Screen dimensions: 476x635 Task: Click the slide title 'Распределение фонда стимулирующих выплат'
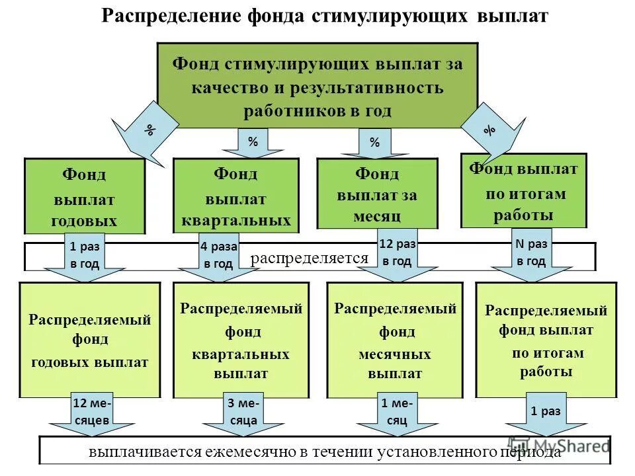click(x=325, y=17)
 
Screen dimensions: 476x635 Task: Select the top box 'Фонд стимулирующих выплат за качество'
click(x=317, y=86)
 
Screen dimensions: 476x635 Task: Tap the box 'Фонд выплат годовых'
click(x=85, y=197)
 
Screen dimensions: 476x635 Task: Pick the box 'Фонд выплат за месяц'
click(x=377, y=194)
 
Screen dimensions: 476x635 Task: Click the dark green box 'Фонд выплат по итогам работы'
click(x=523, y=192)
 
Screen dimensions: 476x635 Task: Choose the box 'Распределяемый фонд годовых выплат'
click(x=89, y=340)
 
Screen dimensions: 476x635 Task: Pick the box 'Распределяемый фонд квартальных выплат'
click(x=241, y=340)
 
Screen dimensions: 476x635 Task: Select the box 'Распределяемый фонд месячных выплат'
click(x=395, y=340)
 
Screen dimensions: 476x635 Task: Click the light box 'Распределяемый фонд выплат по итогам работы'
click(x=546, y=340)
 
